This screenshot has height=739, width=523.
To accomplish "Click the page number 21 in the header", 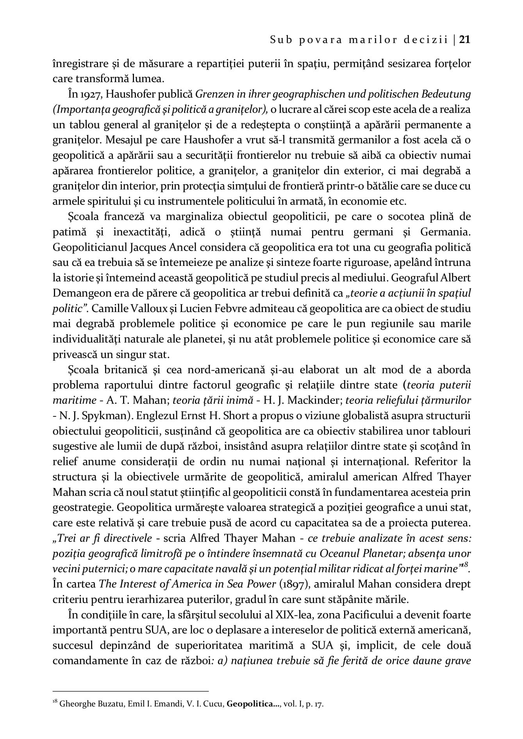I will click(x=465, y=39).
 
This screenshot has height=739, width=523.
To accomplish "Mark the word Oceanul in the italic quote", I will click(x=341, y=554).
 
